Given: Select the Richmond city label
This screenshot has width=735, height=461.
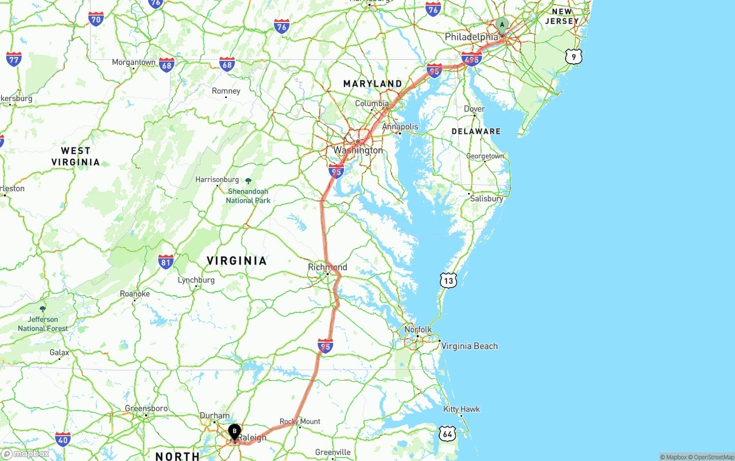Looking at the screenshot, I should (327, 267).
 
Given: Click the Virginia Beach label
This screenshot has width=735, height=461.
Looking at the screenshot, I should (469, 346).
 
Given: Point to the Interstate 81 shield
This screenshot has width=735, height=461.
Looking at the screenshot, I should (166, 262).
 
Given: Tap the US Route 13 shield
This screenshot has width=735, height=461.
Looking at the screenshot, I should (448, 280).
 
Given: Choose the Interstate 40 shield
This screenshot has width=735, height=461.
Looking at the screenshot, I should (63, 440).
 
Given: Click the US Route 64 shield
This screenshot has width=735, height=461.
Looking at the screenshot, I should (447, 433).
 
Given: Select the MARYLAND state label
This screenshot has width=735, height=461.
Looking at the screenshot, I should (373, 84).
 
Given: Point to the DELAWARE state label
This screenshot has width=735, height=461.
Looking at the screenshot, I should (476, 131).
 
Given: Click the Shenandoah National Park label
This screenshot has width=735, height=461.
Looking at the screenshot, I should (248, 196).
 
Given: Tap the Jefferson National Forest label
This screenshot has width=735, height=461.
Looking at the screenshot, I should (42, 324).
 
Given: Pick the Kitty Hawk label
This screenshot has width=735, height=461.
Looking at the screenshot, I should (461, 409).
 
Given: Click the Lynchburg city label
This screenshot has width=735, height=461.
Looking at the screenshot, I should (196, 280).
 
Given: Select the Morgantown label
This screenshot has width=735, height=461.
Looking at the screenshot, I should (133, 62).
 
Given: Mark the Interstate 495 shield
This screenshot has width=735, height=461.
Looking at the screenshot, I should (471, 59).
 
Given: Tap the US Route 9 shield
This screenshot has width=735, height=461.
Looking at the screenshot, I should (573, 56).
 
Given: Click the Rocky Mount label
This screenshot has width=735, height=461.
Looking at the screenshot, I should (300, 421).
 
